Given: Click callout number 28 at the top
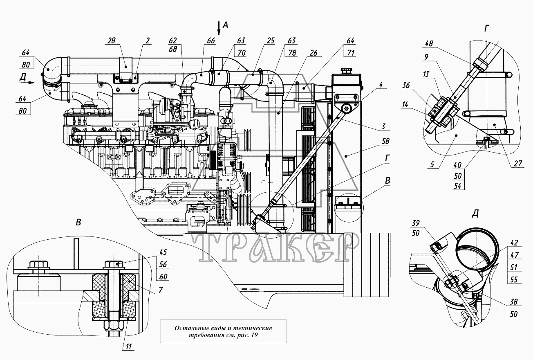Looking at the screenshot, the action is pyautogui.click(x=111, y=41).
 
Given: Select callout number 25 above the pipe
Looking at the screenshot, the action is pyautogui.click(x=271, y=41).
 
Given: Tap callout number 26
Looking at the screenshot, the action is pyautogui.click(x=314, y=53).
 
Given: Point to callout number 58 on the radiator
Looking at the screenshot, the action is pyautogui.click(x=385, y=142).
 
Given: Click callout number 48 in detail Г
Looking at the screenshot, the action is pyautogui.click(x=429, y=43).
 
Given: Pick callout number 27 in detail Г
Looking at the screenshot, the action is pyautogui.click(x=518, y=163).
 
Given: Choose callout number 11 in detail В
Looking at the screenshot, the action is pyautogui.click(x=128, y=346).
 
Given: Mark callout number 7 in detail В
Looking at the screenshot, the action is pyautogui.click(x=161, y=290).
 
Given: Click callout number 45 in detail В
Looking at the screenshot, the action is pyautogui.click(x=163, y=252).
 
